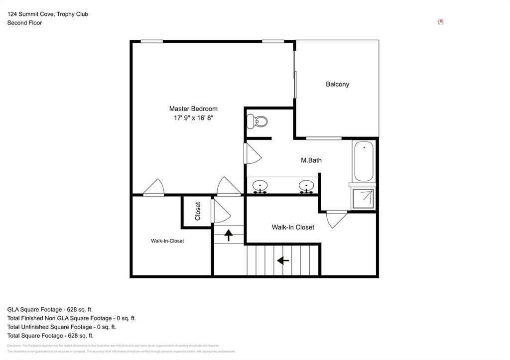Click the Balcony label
click(337, 84)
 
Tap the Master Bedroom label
click(193, 109)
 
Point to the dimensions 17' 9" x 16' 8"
click(193, 118)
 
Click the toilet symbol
click(257, 121)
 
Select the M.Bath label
click(311, 160)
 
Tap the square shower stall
click(364, 199)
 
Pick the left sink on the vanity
click(259, 186)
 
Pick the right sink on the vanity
click(306, 186)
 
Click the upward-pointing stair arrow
click(229, 235)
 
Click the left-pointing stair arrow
click(283, 260)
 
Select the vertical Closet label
click(198, 211)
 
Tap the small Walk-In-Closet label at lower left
click(167, 241)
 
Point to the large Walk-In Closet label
click(293, 227)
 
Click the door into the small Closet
click(220, 212)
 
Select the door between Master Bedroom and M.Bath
click(253, 154)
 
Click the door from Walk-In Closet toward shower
click(337, 219)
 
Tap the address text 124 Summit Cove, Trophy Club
click(47, 14)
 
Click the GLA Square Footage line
click(50, 309)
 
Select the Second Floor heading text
click(24, 23)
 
